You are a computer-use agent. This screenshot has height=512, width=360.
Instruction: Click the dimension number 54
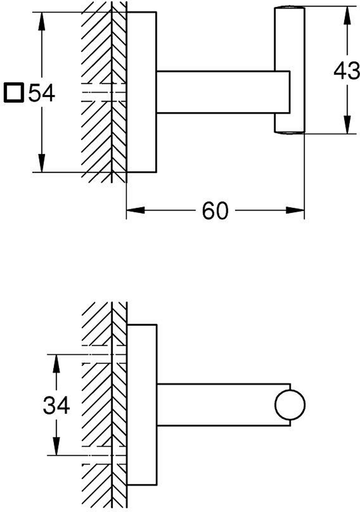click(x=41, y=93)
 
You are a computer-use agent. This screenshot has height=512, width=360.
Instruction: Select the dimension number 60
click(x=215, y=210)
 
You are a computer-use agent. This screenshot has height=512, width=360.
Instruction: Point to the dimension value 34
click(x=56, y=406)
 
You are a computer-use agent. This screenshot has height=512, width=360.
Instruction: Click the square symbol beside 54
click(x=13, y=93)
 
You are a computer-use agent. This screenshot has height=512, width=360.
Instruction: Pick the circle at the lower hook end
click(x=290, y=405)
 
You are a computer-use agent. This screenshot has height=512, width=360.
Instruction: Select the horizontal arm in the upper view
click(x=222, y=92)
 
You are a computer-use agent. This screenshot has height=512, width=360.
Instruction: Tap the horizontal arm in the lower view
click(x=216, y=405)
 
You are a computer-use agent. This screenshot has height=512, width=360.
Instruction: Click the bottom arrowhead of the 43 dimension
click(x=347, y=126)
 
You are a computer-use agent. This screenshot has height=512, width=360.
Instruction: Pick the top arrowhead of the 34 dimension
click(x=56, y=362)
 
